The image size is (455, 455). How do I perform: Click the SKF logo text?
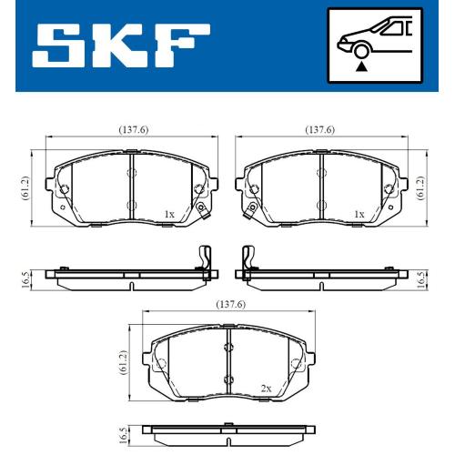pos(121,45)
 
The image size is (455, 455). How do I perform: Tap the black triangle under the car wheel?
pos(361,66)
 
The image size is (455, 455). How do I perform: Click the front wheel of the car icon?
pos(361,51)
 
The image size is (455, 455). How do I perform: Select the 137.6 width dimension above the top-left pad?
pos(134,130)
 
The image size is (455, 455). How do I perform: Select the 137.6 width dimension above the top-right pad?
pos(320,130)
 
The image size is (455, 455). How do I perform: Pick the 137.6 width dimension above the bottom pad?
pos(231,304)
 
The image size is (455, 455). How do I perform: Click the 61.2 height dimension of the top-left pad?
pos(25,187)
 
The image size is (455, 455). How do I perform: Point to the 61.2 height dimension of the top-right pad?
pos(420,187)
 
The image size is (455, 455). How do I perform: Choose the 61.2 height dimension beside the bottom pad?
pos(123,362)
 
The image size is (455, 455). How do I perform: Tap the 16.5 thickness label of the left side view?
pos(26,279)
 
